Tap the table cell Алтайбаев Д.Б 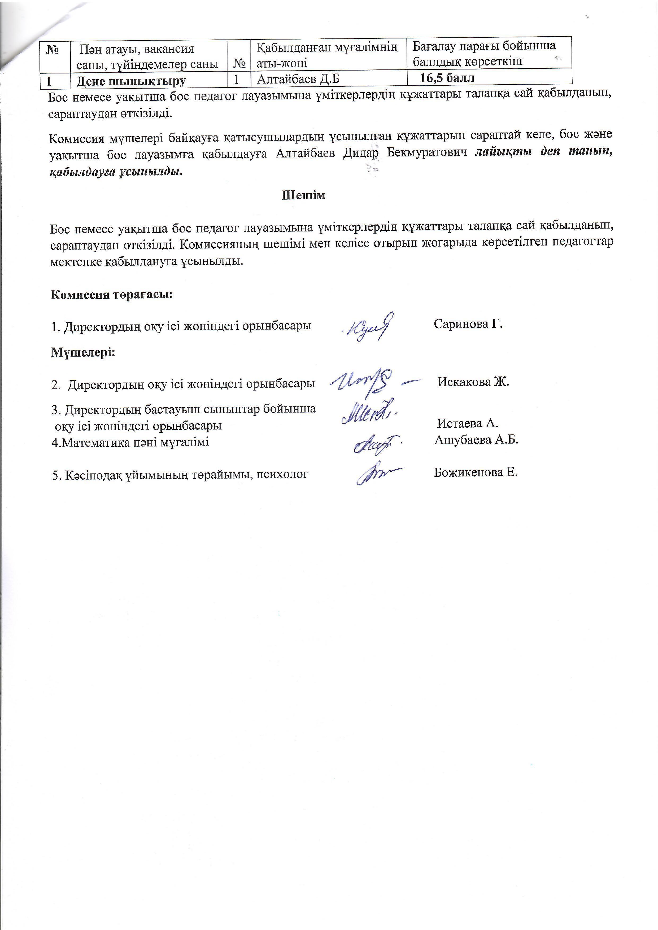pyautogui.click(x=298, y=79)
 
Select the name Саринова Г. pyautogui.click(x=468, y=324)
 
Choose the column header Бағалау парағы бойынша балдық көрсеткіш pyautogui.click(x=484, y=53)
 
